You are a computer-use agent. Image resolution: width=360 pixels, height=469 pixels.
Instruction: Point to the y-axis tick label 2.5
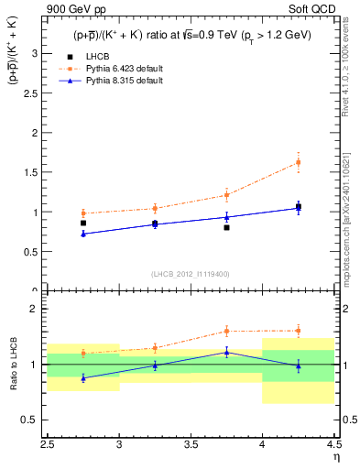pos(34,93)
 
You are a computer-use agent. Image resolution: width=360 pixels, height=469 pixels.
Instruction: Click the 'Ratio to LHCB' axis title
pos(14,364)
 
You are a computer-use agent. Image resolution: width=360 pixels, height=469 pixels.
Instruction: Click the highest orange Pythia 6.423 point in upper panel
pos(298,162)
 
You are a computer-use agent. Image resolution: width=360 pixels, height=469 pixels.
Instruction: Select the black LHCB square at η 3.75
pos(226,227)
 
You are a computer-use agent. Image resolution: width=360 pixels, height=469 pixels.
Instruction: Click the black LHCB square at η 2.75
pos(83,223)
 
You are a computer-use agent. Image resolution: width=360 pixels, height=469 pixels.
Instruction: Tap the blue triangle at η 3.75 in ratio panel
pos(226,352)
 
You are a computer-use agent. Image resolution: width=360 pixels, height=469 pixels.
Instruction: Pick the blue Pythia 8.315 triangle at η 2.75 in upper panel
pos(83,234)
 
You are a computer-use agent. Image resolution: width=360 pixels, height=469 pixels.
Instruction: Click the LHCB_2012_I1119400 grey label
pos(191,274)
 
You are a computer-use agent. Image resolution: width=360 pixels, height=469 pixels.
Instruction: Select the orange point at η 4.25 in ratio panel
pos(298,331)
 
